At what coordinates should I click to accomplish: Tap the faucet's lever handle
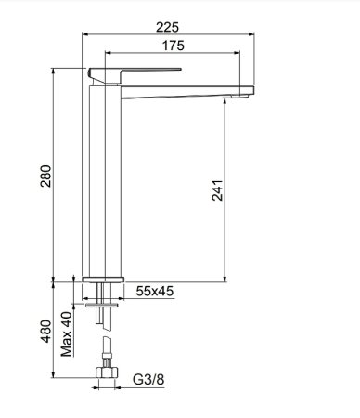[x=130, y=72]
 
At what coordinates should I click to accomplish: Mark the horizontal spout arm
[x=186, y=86]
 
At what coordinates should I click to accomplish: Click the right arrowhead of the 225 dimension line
[x=251, y=28]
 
